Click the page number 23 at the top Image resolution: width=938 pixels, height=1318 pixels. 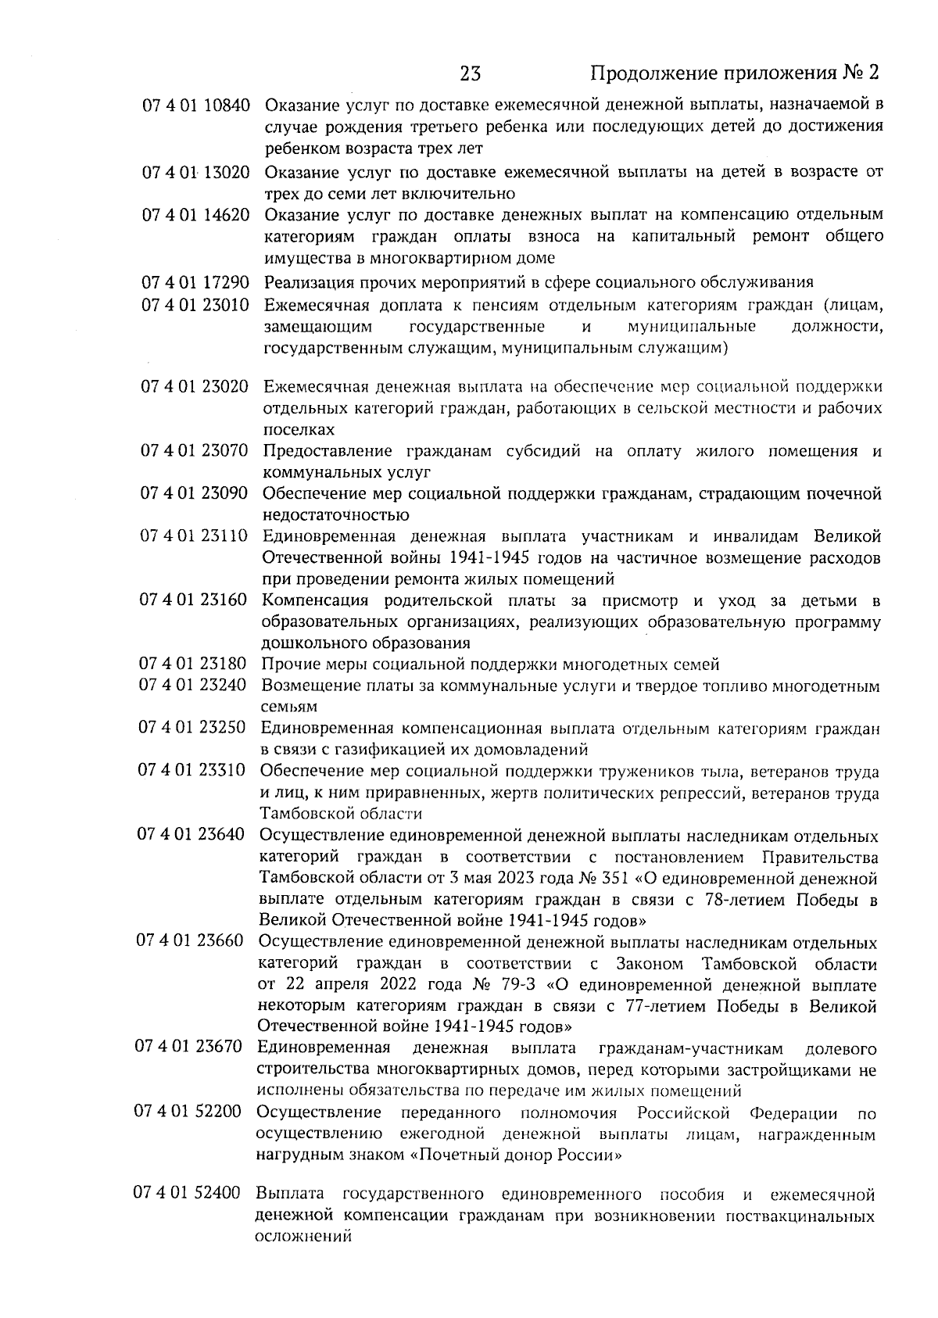pyautogui.click(x=471, y=73)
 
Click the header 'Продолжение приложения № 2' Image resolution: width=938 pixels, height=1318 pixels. pyautogui.click(x=734, y=73)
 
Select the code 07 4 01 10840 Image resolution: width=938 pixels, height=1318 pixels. pyautogui.click(x=196, y=105)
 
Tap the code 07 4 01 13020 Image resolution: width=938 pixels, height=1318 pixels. pyautogui.click(x=196, y=172)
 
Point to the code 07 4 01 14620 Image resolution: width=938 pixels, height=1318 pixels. pyautogui.click(x=196, y=215)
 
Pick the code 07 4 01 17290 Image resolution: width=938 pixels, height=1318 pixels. pyautogui.click(x=196, y=282)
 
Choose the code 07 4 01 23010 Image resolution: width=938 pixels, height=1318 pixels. pyautogui.click(x=195, y=305)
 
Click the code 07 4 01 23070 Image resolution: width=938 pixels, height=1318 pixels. pyautogui.click(x=195, y=451)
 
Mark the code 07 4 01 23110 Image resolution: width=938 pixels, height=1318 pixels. pyautogui.click(x=194, y=536)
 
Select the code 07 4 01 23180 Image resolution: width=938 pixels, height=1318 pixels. pyautogui.click(x=193, y=664)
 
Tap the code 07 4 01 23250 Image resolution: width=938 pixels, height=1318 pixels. pyautogui.click(x=192, y=729)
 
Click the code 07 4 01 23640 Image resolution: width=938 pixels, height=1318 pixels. pyautogui.click(x=192, y=836)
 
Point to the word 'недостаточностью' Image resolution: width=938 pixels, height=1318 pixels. pyautogui.click(x=336, y=515)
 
